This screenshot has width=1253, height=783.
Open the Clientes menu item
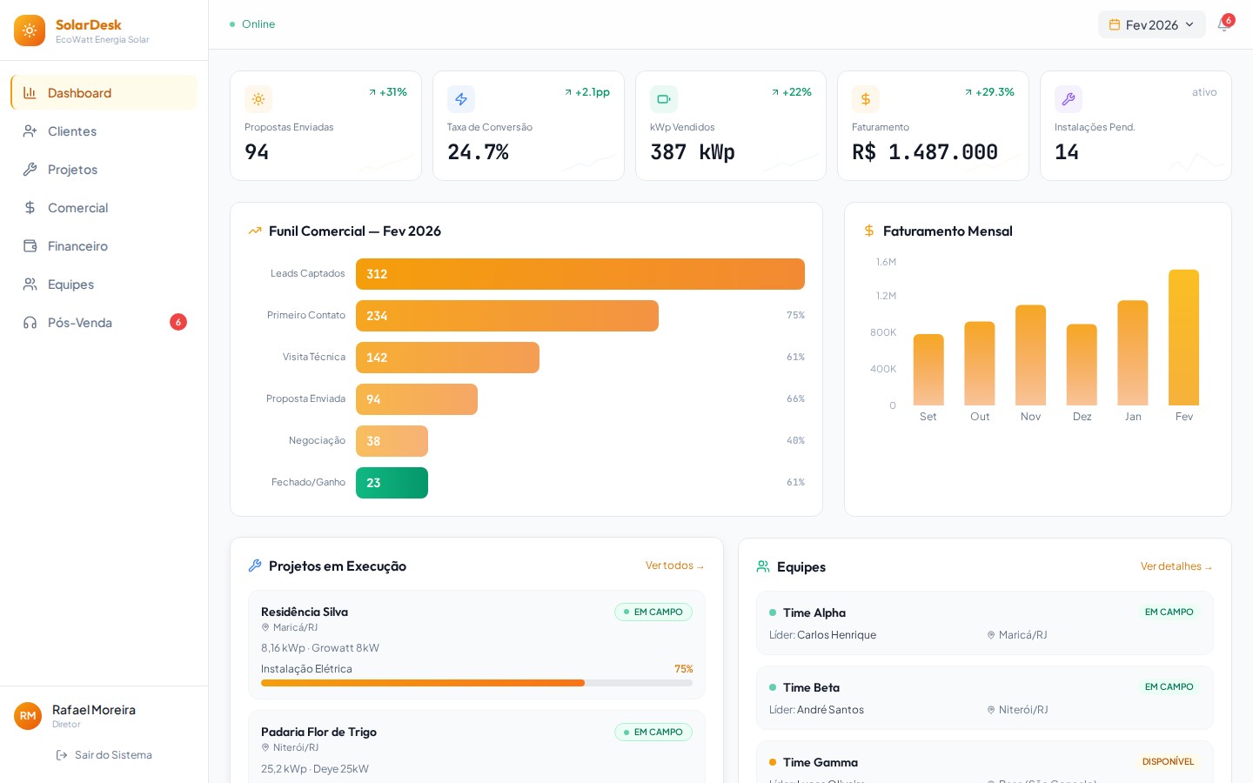tap(72, 131)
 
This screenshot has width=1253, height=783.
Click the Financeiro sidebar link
tap(77, 246)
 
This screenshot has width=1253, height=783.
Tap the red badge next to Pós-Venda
tap(178, 322)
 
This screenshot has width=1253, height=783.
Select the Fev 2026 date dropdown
tap(1151, 24)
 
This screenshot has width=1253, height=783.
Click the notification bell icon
tap(1223, 24)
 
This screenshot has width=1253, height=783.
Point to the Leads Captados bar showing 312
tap(580, 274)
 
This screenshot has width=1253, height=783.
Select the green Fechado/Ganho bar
tap(392, 483)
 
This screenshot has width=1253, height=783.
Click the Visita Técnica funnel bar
tap(447, 358)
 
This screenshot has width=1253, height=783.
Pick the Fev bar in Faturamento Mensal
tap(1183, 338)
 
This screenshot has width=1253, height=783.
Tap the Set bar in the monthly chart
tap(928, 370)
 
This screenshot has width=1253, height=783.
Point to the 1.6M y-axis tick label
tap(886, 262)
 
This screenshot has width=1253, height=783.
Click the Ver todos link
tap(674, 565)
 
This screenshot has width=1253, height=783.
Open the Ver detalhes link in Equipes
tap(1176, 566)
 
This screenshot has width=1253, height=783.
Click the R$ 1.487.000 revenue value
tap(925, 152)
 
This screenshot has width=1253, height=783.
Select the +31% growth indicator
tap(388, 92)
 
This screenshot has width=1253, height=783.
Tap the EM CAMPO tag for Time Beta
tap(1169, 686)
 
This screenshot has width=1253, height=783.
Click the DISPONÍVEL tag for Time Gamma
tap(1168, 761)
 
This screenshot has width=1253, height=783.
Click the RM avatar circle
tap(28, 716)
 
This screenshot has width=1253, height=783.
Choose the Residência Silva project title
tap(305, 612)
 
